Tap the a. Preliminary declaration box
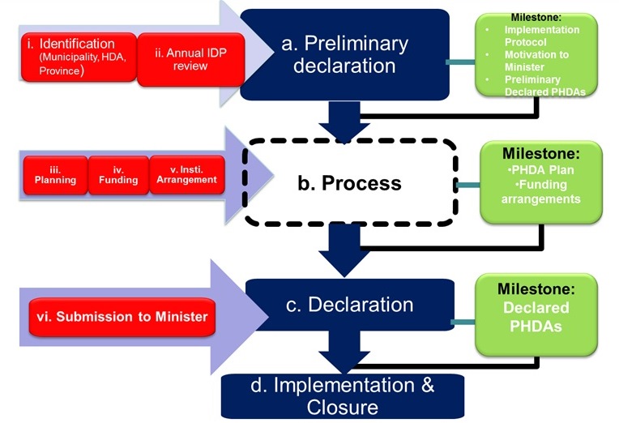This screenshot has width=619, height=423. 344,54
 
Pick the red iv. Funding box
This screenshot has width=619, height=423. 118,174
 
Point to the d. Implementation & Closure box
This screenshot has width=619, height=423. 343,395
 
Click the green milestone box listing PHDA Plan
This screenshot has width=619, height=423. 542,182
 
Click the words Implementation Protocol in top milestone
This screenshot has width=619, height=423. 542,36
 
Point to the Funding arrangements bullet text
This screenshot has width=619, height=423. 542,193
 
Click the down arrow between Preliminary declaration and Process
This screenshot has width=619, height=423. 344,119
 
